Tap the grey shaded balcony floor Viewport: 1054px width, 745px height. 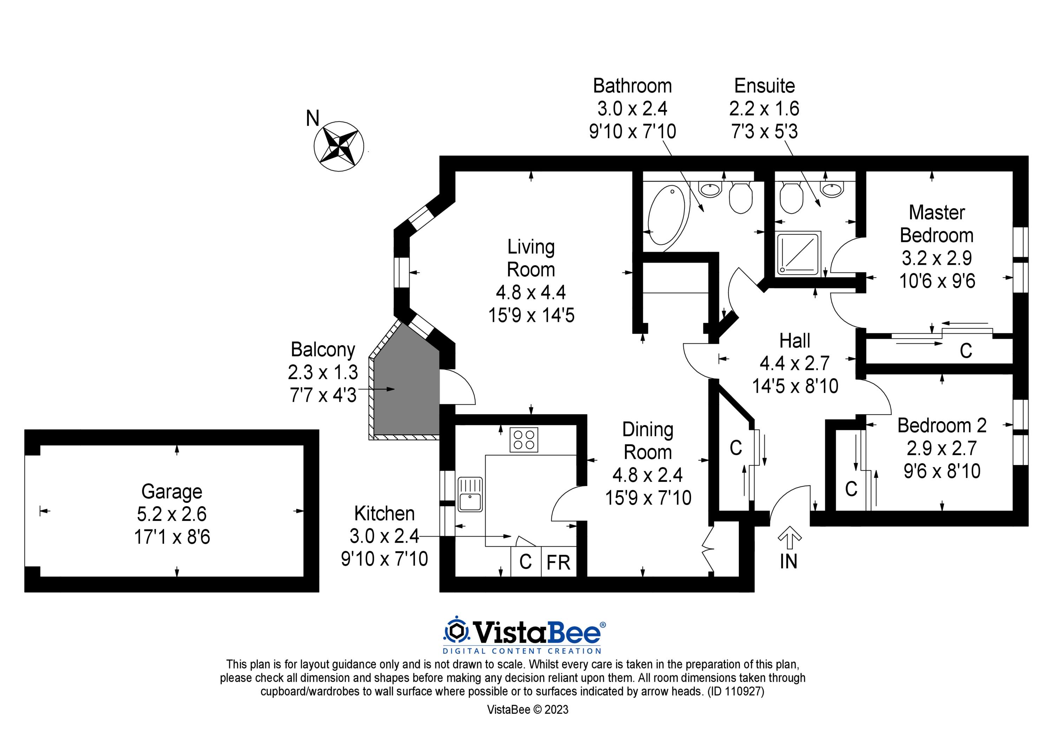click(x=404, y=390)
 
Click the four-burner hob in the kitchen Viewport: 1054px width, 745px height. click(x=524, y=439)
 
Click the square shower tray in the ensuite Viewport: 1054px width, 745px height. click(x=798, y=254)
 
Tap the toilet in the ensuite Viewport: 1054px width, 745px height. click(x=791, y=197)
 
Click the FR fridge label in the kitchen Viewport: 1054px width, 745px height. click(x=558, y=562)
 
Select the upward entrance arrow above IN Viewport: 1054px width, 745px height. click(x=789, y=537)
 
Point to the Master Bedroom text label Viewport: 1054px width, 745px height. click(x=937, y=224)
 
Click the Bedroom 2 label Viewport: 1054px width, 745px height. click(x=942, y=425)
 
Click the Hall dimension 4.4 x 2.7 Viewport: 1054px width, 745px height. click(x=795, y=364)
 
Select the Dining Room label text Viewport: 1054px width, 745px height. click(x=648, y=441)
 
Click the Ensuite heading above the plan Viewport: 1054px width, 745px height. click(x=765, y=86)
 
